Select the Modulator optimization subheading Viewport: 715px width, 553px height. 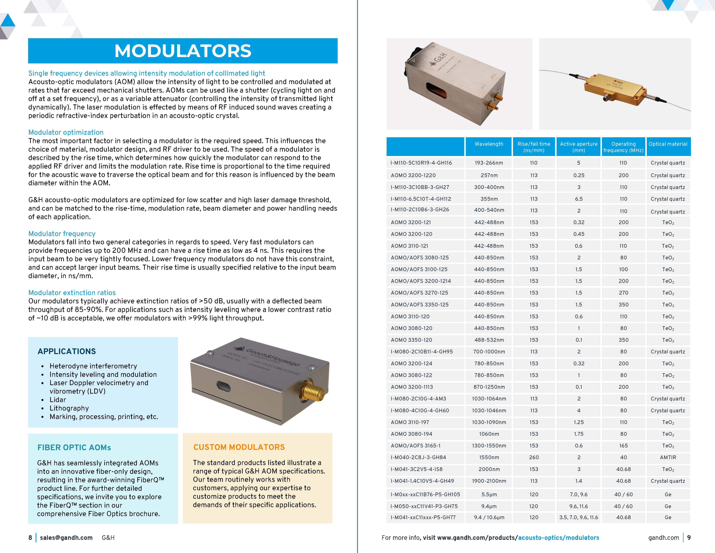[x=66, y=132]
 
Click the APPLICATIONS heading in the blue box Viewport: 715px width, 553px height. [x=67, y=351]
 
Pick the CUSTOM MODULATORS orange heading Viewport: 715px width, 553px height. [x=239, y=447]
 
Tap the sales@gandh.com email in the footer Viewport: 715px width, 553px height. [x=66, y=538]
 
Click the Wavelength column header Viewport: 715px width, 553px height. [x=489, y=144]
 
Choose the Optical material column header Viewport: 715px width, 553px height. [x=668, y=144]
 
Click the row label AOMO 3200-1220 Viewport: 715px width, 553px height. [x=413, y=175]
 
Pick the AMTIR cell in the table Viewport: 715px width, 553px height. [x=668, y=457]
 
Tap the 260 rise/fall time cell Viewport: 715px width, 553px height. [x=534, y=457]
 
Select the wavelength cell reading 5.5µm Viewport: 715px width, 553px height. [x=489, y=494]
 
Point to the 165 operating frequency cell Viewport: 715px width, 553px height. [x=623, y=445]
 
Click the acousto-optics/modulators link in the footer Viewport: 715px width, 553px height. [x=559, y=538]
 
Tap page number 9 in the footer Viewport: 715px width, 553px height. [x=689, y=538]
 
